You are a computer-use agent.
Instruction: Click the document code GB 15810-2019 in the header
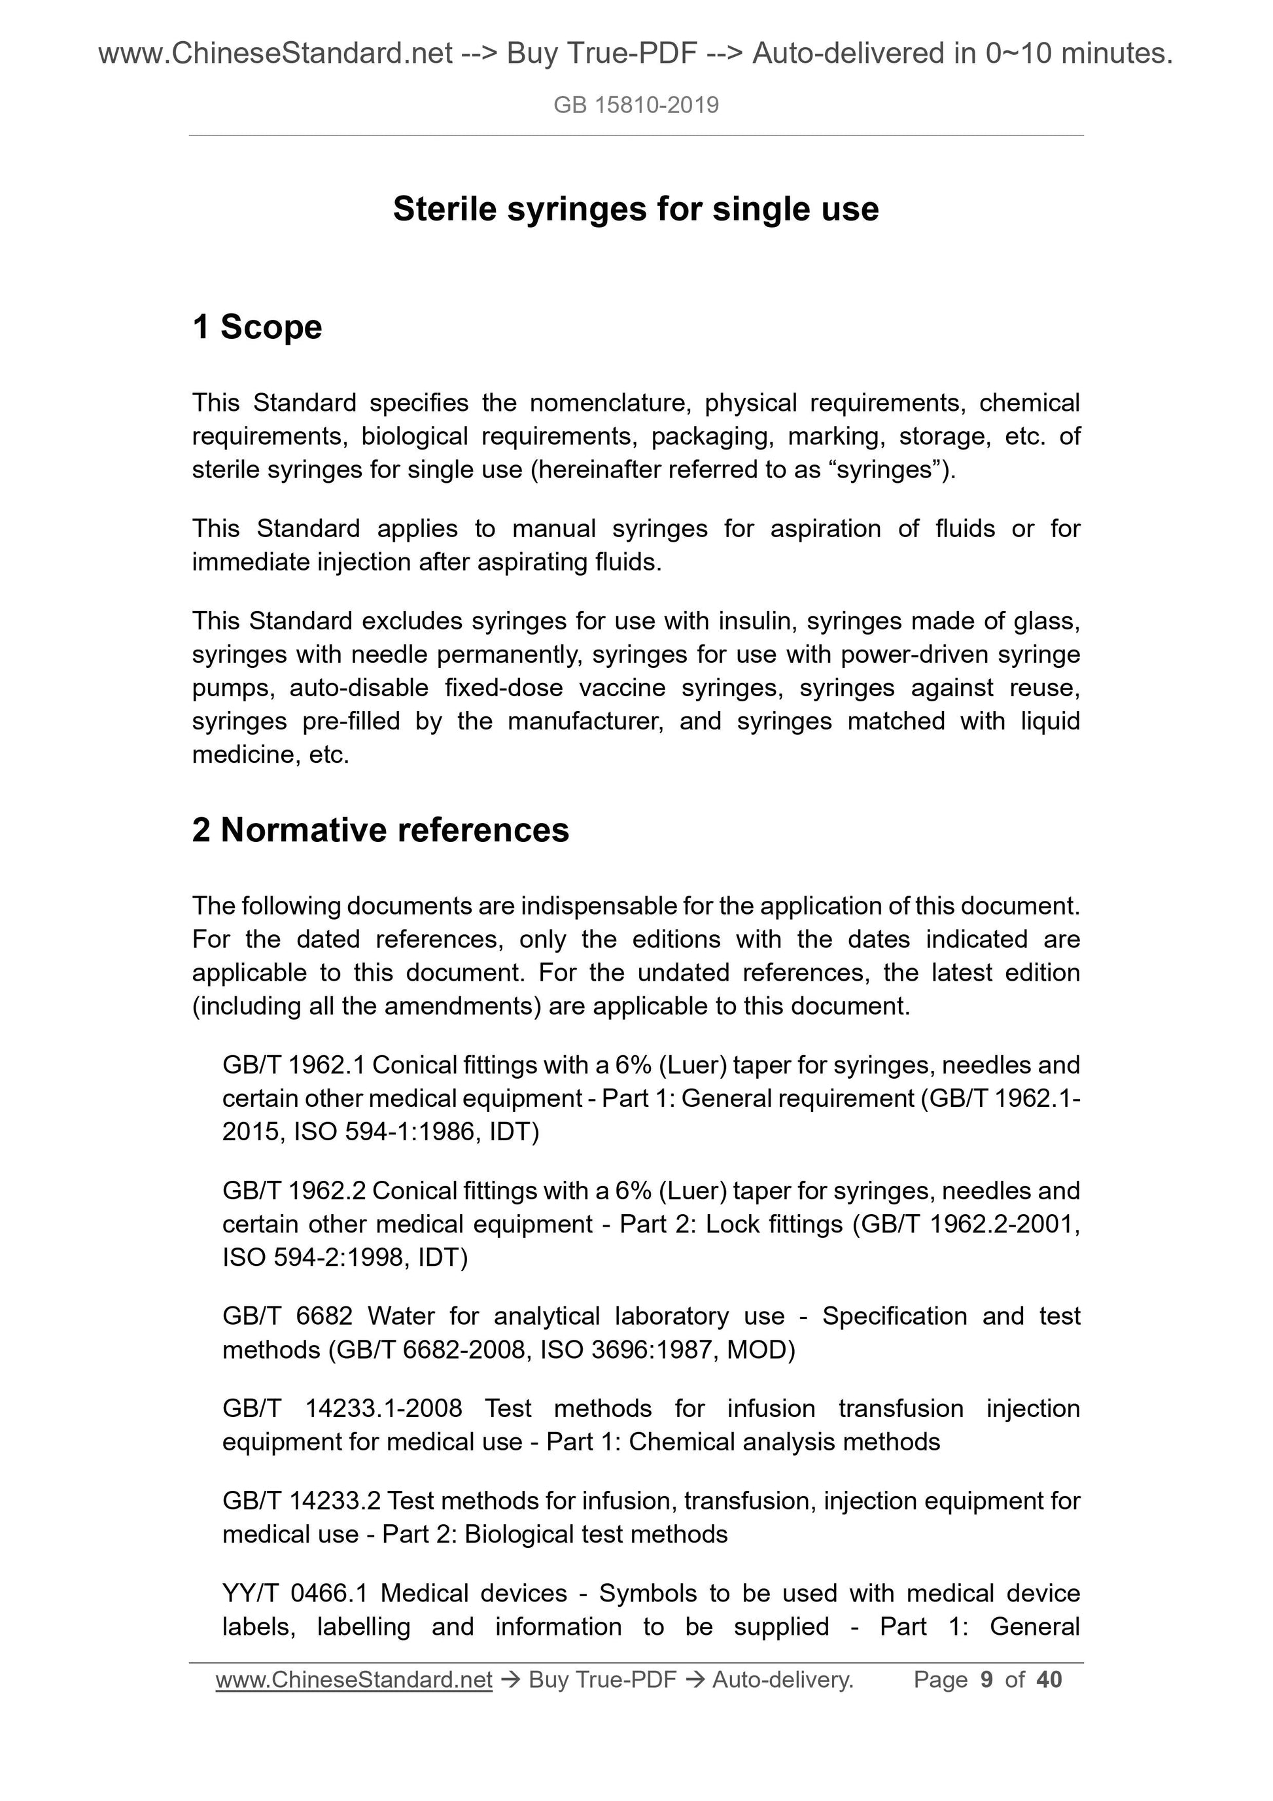635,105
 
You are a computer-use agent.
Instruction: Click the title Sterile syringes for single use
635,209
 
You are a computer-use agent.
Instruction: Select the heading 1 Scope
257,327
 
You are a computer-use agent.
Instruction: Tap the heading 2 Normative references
381,830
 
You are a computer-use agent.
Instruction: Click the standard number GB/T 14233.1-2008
342,1408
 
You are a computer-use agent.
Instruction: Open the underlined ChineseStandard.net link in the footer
354,1679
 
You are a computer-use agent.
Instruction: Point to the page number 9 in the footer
986,1679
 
